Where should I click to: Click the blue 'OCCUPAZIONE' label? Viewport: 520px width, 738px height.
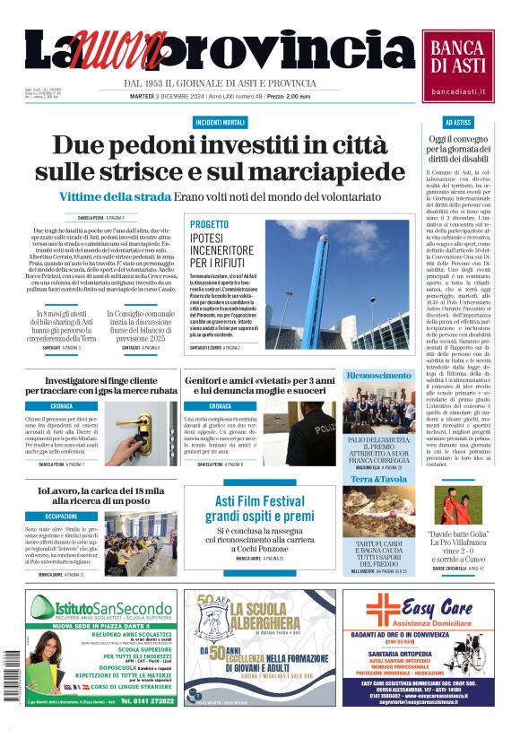coord(62,517)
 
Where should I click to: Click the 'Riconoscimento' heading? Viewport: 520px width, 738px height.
coord(378,376)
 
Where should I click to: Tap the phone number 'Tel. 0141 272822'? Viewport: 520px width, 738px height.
coord(149,700)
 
